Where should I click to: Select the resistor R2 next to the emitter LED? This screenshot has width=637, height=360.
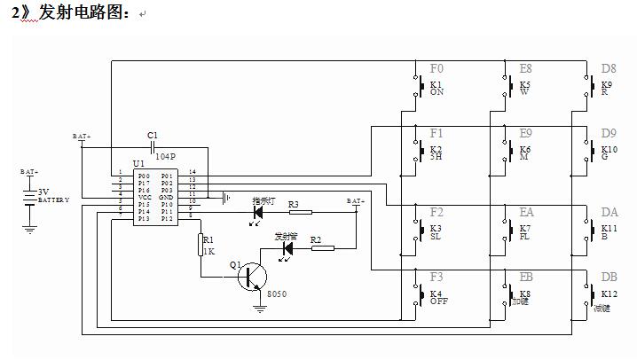point(322,248)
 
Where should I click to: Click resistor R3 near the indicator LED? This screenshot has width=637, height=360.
point(300,211)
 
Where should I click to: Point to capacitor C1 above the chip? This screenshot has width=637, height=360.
point(153,144)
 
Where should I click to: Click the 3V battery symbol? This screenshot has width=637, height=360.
point(29,197)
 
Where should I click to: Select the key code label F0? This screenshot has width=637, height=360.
point(436,68)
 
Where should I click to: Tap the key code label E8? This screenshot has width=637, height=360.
point(525,68)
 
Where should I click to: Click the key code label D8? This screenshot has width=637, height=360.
point(609,68)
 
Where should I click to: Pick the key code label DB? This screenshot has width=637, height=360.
point(609,277)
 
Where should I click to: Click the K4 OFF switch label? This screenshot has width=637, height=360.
point(436,297)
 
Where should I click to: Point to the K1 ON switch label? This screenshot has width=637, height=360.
point(436,88)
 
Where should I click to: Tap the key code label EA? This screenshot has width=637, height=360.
point(526,213)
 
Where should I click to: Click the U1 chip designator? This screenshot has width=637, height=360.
point(138,164)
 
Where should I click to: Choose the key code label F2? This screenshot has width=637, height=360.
point(436,213)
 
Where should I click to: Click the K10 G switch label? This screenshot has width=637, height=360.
point(609,153)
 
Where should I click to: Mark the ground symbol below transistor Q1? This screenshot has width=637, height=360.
point(259,308)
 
